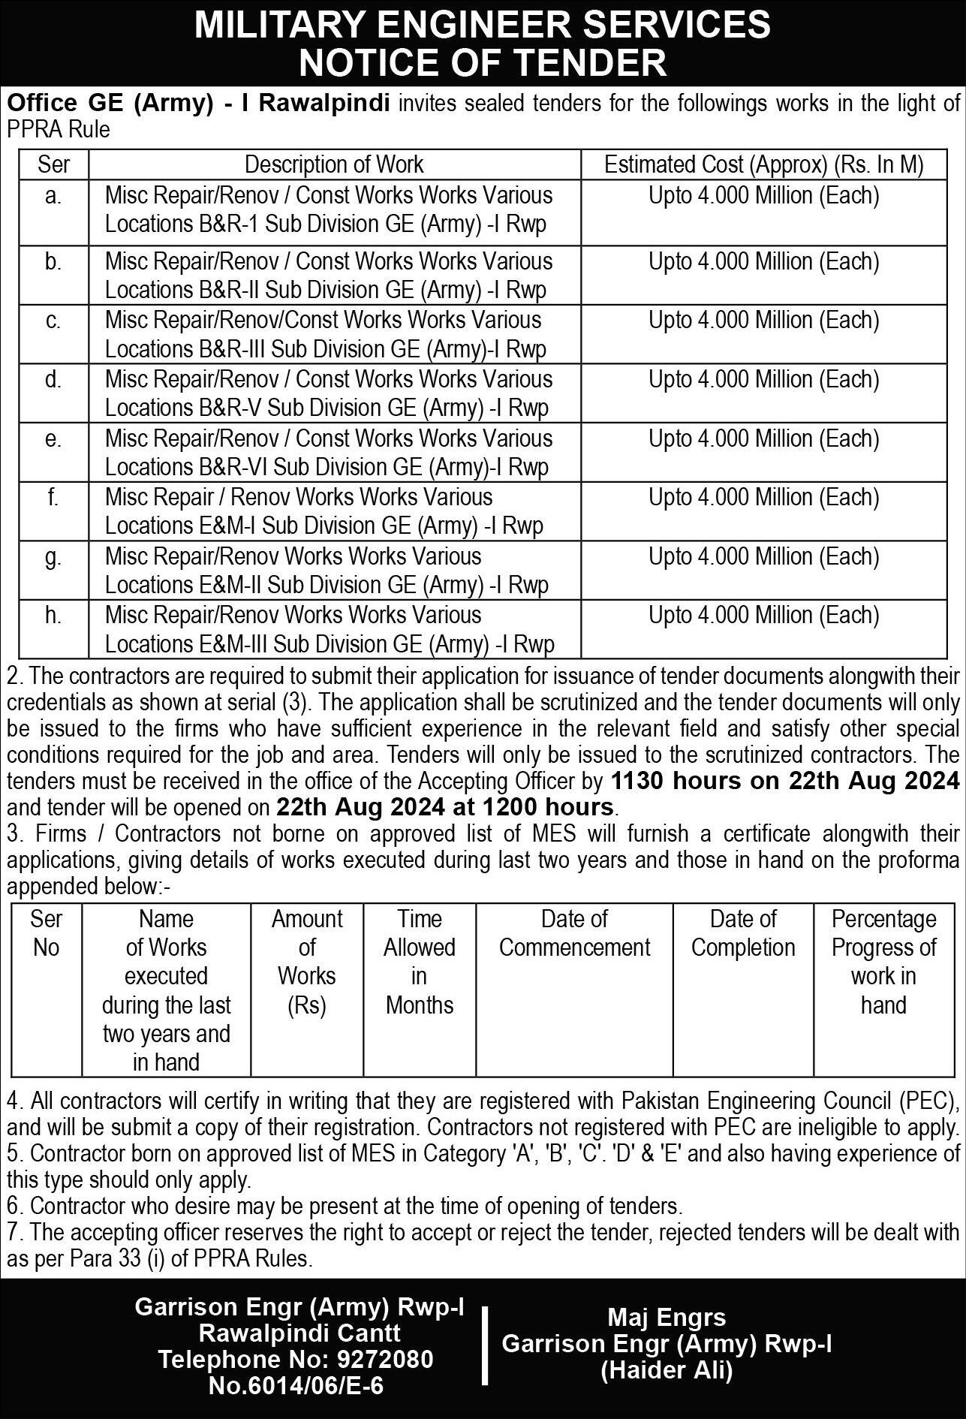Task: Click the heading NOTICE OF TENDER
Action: click(483, 62)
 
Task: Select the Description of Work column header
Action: click(334, 164)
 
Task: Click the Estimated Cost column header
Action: click(763, 164)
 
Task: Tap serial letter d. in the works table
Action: click(53, 380)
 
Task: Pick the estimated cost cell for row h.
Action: click(763, 616)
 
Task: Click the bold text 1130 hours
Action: click(676, 781)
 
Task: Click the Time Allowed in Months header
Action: click(419, 961)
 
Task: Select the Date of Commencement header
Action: click(574, 933)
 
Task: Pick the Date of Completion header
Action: click(742, 933)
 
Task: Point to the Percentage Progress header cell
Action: click(883, 961)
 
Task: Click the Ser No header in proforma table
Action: click(46, 933)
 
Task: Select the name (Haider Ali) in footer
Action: click(667, 1371)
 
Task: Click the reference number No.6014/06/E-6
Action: click(296, 1386)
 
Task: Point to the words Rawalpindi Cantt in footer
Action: click(299, 1333)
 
